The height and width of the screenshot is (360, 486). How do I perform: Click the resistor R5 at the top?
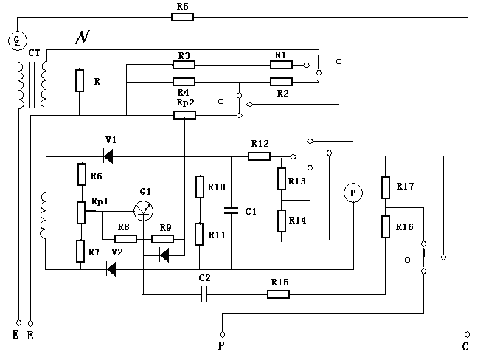pos(182,15)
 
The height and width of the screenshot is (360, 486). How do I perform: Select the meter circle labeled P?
pos(353,193)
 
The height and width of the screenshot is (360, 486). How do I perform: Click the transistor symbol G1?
pos(145,210)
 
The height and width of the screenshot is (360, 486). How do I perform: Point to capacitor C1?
pos(232,211)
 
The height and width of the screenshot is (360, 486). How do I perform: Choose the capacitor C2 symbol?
pos(205,294)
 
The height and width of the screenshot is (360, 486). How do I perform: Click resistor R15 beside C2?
pos(278,294)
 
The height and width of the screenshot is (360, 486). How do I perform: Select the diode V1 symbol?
pos(108,156)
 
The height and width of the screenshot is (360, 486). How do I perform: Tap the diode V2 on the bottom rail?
pos(111,269)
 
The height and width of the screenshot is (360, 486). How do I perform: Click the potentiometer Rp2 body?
pos(184,114)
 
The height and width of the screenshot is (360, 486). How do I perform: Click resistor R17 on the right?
pos(385,187)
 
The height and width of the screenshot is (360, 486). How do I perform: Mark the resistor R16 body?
pos(385,227)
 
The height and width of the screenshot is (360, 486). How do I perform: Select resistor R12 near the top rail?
pos(259,156)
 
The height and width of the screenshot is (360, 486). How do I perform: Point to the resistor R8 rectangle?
pos(125,238)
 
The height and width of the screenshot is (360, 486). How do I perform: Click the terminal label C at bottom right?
pos(465,344)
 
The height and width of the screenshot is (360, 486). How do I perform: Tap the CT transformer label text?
pos(34,54)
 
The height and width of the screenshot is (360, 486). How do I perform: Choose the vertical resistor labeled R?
pos(79,80)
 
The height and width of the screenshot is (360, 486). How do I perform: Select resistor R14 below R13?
pos(282,221)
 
